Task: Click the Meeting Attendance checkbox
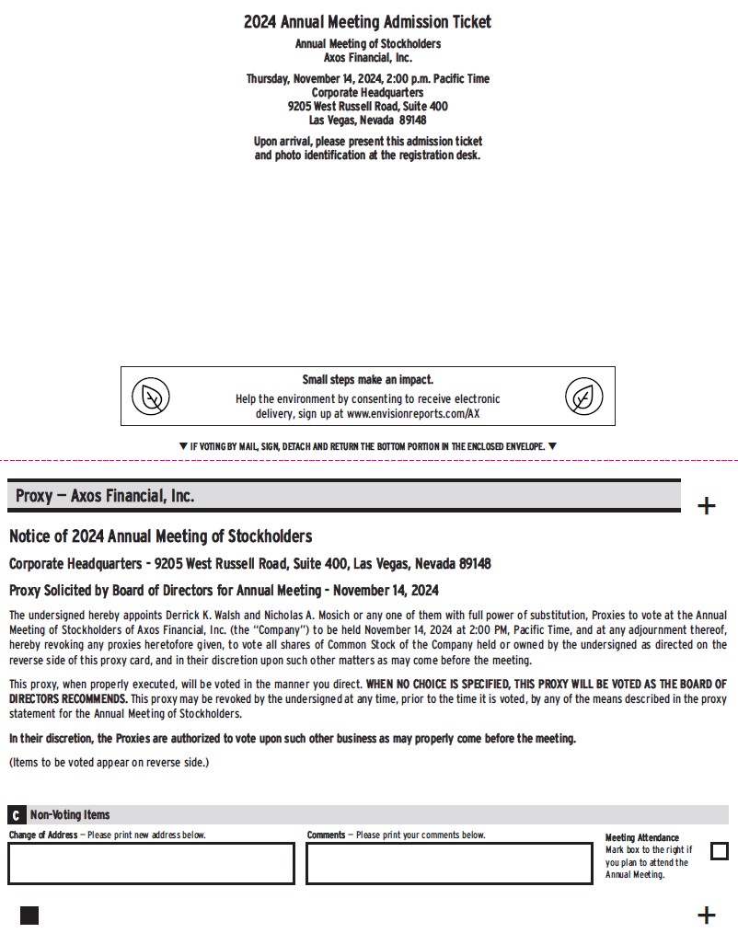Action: point(720,851)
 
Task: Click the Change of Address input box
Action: point(151,863)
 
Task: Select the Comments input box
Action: point(449,863)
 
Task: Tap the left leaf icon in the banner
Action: point(151,397)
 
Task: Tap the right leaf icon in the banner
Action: point(583,397)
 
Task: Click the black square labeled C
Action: point(17,815)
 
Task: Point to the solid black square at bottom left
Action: point(29,915)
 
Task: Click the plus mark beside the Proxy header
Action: point(706,506)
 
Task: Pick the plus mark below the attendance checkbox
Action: point(706,915)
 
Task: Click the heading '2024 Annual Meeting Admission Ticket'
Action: point(367,21)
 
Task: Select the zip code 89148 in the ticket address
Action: point(412,120)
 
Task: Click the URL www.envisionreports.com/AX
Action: point(413,414)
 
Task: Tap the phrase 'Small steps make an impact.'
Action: point(367,379)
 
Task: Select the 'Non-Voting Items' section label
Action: point(70,814)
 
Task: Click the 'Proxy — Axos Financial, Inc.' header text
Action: point(105,496)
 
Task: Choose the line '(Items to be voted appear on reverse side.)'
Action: point(109,762)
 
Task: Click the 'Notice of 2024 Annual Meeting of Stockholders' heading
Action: point(160,536)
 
